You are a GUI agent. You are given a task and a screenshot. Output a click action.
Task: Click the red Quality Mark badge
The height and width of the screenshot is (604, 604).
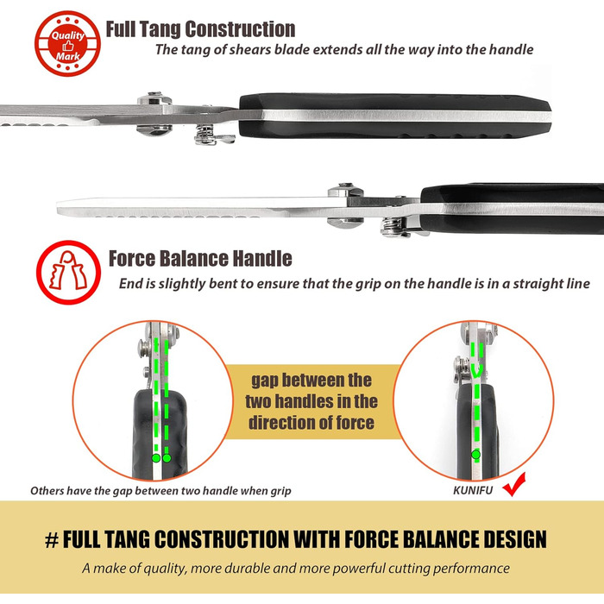click(x=67, y=43)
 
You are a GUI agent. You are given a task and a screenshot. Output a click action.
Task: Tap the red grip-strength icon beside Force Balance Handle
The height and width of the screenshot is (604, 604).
click(x=68, y=273)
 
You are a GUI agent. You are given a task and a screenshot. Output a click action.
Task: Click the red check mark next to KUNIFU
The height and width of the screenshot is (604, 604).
click(x=514, y=485)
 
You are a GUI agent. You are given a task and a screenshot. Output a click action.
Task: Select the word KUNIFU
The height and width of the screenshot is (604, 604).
click(x=473, y=490)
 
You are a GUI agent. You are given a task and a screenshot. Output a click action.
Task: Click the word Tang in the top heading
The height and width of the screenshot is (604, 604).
click(x=160, y=29)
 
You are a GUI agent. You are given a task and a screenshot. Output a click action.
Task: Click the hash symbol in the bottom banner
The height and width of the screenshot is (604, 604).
click(x=52, y=540)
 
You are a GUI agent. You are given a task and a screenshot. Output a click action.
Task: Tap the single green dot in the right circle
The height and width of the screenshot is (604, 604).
click(x=476, y=455)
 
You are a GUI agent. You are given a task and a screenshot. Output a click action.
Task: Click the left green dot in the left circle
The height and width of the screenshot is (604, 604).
click(x=156, y=458)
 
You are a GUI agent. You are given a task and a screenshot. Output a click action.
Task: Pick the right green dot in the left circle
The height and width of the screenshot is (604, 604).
click(x=167, y=458)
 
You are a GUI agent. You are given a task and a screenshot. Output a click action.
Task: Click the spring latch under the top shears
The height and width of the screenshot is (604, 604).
click(x=213, y=135)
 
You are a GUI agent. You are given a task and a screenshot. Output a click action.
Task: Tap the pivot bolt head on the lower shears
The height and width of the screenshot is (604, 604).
click(x=345, y=191)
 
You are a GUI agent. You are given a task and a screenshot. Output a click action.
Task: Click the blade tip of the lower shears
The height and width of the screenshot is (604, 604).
click(x=58, y=207)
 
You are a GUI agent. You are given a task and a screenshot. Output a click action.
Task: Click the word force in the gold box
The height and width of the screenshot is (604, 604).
click(x=355, y=423)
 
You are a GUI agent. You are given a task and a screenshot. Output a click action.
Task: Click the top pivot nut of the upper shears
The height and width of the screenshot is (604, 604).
click(x=154, y=99)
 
